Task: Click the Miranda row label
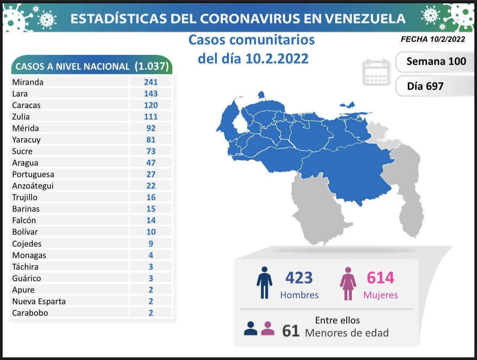(27, 82)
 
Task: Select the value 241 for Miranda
(151, 82)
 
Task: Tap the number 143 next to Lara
(151, 94)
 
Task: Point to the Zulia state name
(21, 117)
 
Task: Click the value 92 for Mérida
(151, 128)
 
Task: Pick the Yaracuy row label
(26, 140)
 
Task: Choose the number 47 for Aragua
(151, 163)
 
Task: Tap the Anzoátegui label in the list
(33, 186)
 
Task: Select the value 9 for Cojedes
(151, 244)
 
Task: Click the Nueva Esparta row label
(39, 301)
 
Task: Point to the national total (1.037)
(152, 66)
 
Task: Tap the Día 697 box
(425, 86)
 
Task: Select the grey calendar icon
(376, 72)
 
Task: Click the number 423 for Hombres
(299, 278)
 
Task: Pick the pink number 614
(380, 278)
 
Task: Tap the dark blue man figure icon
(264, 282)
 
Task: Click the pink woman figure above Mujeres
(348, 283)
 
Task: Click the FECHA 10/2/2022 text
(433, 39)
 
